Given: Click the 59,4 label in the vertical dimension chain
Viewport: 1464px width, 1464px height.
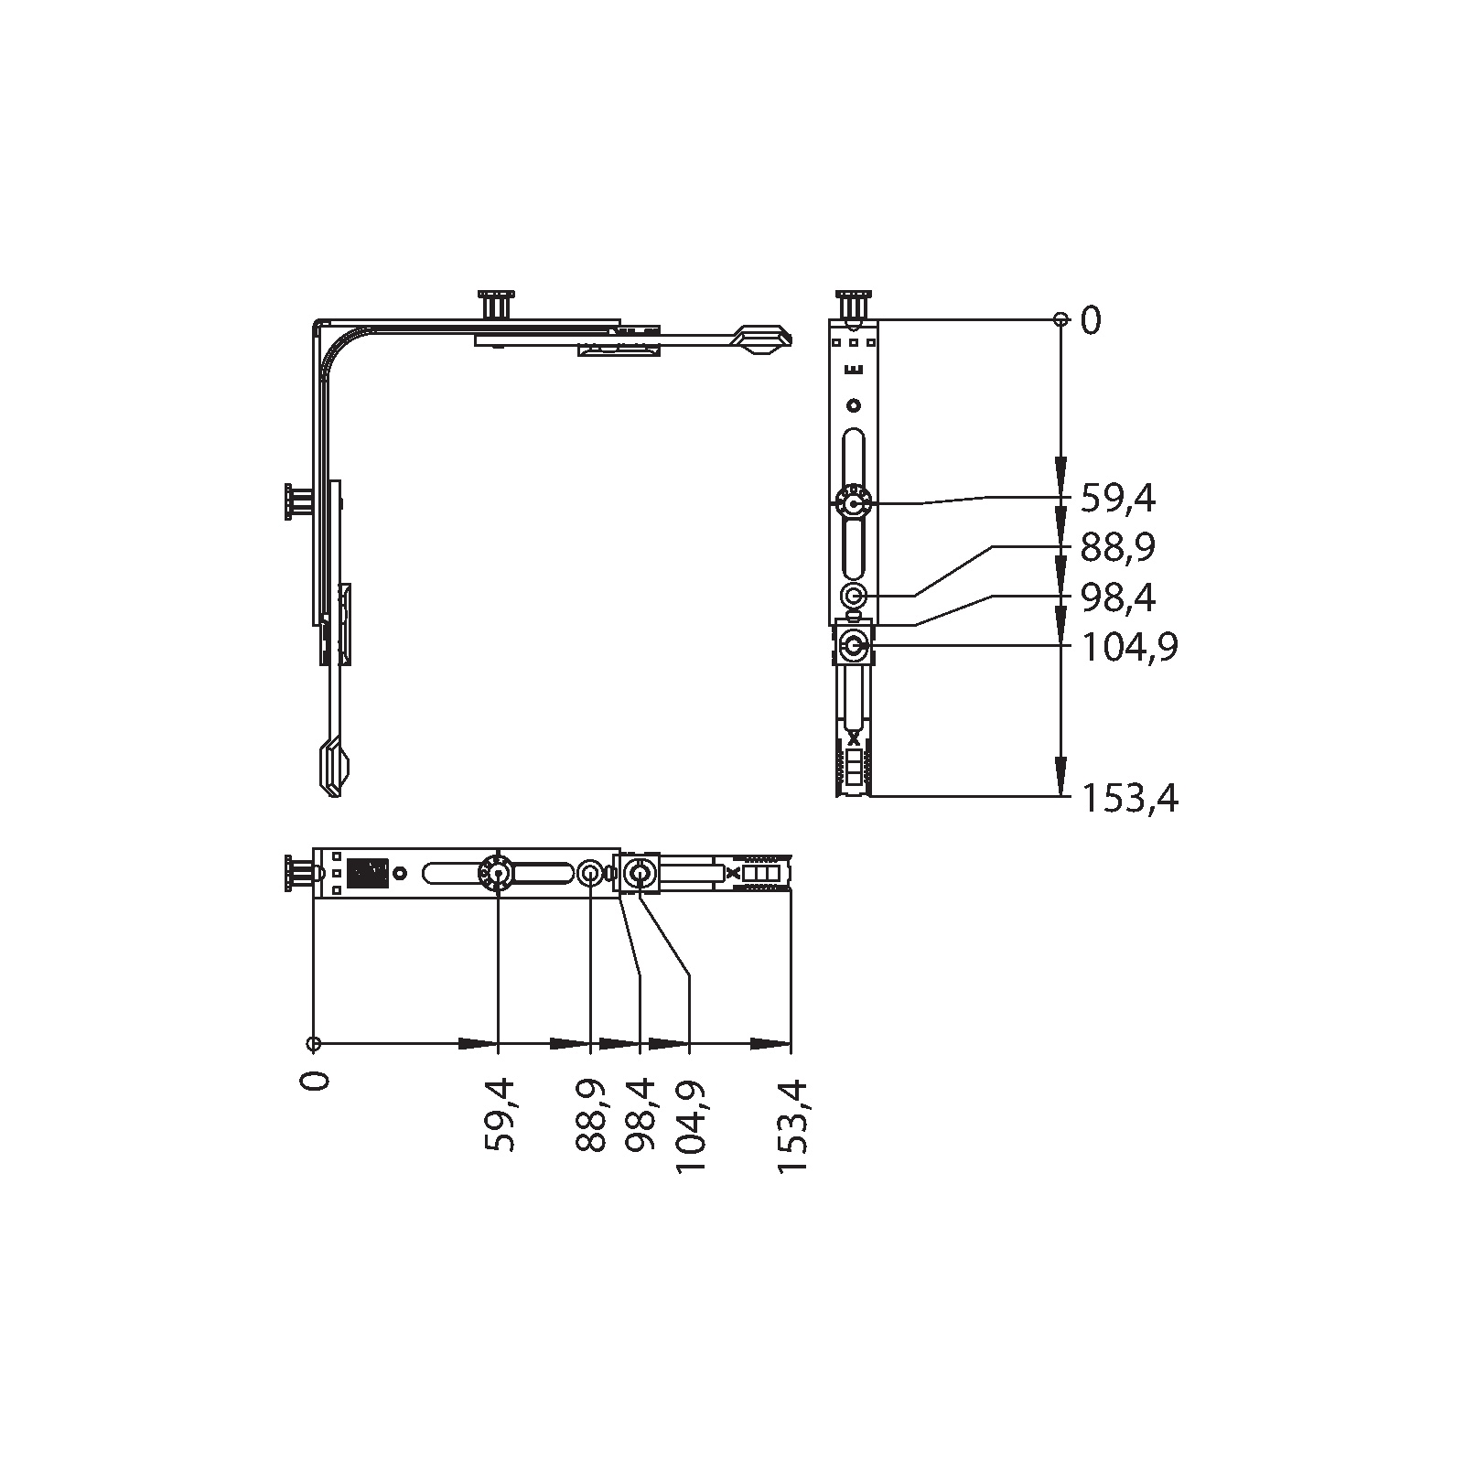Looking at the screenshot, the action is coord(1118,500).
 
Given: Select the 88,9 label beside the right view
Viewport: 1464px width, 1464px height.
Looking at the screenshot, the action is coord(1118,548).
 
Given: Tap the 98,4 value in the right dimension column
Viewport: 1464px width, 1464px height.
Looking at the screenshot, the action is coord(1118,597).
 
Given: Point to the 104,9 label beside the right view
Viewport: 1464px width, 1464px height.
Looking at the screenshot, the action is coord(1130,648).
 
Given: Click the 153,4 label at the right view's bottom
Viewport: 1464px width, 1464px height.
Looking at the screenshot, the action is coord(1130,800).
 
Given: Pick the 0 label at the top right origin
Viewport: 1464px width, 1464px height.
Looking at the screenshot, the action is coord(1092,321).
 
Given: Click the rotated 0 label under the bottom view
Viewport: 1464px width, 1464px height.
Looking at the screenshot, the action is coord(316,1080).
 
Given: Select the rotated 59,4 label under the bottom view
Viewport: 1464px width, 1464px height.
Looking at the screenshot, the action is coord(500,1114).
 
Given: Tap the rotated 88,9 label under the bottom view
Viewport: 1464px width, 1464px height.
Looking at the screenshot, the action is coord(592,1114).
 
